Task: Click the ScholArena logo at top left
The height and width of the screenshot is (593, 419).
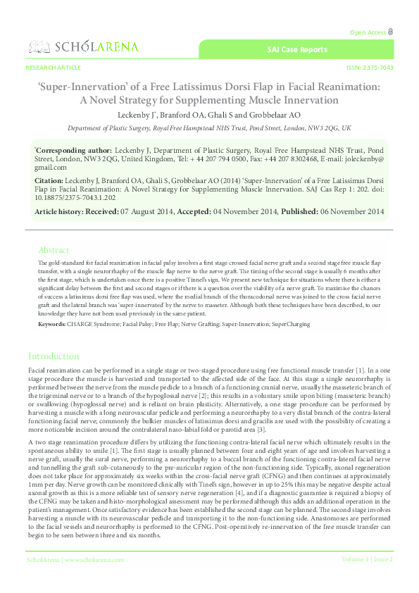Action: coord(83,47)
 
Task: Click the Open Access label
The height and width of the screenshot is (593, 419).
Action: coord(367,32)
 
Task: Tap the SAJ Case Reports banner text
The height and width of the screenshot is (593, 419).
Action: coord(296,50)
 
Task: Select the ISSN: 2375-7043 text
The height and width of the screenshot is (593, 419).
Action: coord(370,68)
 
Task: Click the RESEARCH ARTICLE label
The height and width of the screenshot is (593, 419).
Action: coord(53,68)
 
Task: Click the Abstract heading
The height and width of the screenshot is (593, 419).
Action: coord(54,250)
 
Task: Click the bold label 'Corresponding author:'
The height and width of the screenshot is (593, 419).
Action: coord(73,151)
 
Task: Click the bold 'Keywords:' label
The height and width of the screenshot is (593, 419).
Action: coord(51,323)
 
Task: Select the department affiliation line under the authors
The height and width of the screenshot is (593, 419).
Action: coord(209,129)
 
